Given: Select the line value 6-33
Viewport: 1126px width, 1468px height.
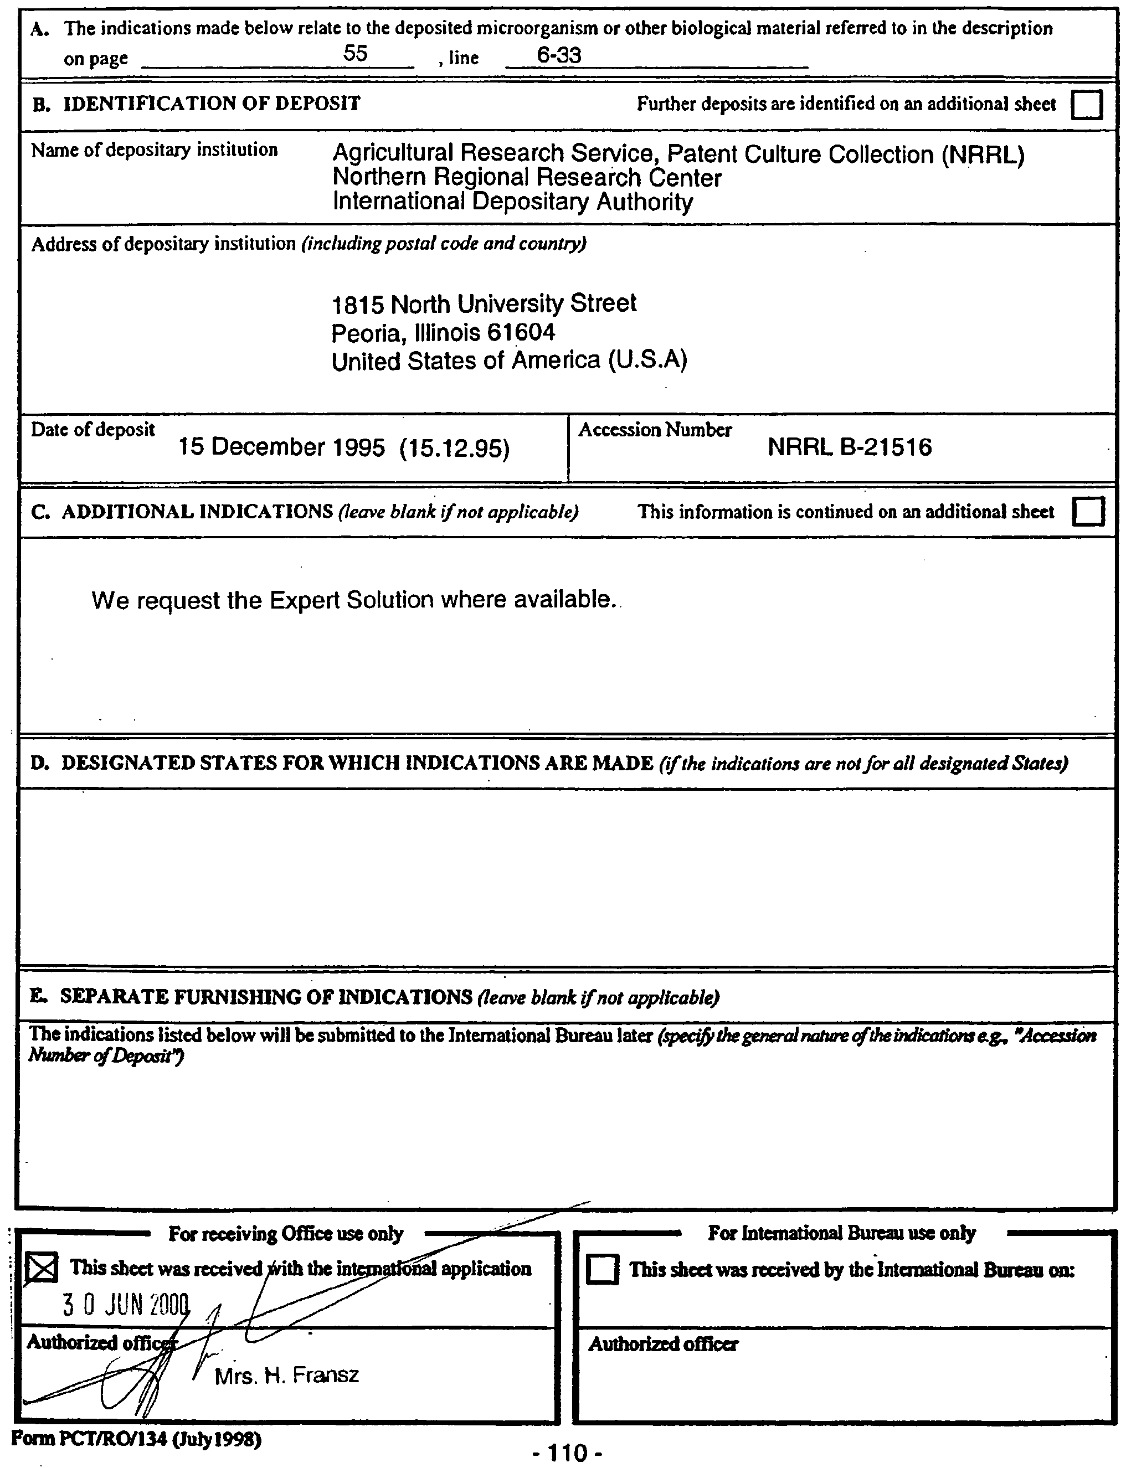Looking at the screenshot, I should [559, 55].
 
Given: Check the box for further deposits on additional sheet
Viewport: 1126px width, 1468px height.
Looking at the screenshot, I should [1087, 105].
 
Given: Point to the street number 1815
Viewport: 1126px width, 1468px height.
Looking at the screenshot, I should [358, 305].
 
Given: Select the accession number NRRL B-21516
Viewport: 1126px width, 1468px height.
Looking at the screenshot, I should [849, 447].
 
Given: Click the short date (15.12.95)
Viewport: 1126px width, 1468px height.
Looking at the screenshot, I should [454, 448].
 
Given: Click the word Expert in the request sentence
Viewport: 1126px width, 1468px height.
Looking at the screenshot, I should [310, 600].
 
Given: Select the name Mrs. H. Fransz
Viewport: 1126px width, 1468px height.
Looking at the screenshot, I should [286, 1376].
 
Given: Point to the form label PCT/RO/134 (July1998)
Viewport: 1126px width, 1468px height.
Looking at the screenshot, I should [136, 1439].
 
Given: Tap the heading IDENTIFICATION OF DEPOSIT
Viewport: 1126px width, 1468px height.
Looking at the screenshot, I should [211, 104].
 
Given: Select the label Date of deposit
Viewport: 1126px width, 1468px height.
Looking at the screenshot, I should [92, 430].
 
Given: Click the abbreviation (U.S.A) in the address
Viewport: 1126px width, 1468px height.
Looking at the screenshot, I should [647, 361].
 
